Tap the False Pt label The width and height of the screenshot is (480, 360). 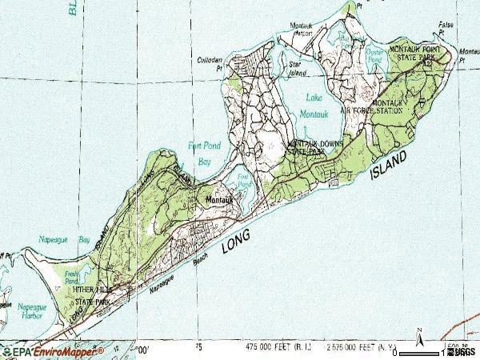point(446,30)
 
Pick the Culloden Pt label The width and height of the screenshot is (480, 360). point(209,63)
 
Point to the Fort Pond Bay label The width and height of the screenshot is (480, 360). point(202,153)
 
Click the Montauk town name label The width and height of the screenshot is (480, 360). point(218,199)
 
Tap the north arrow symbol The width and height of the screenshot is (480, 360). point(418,335)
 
